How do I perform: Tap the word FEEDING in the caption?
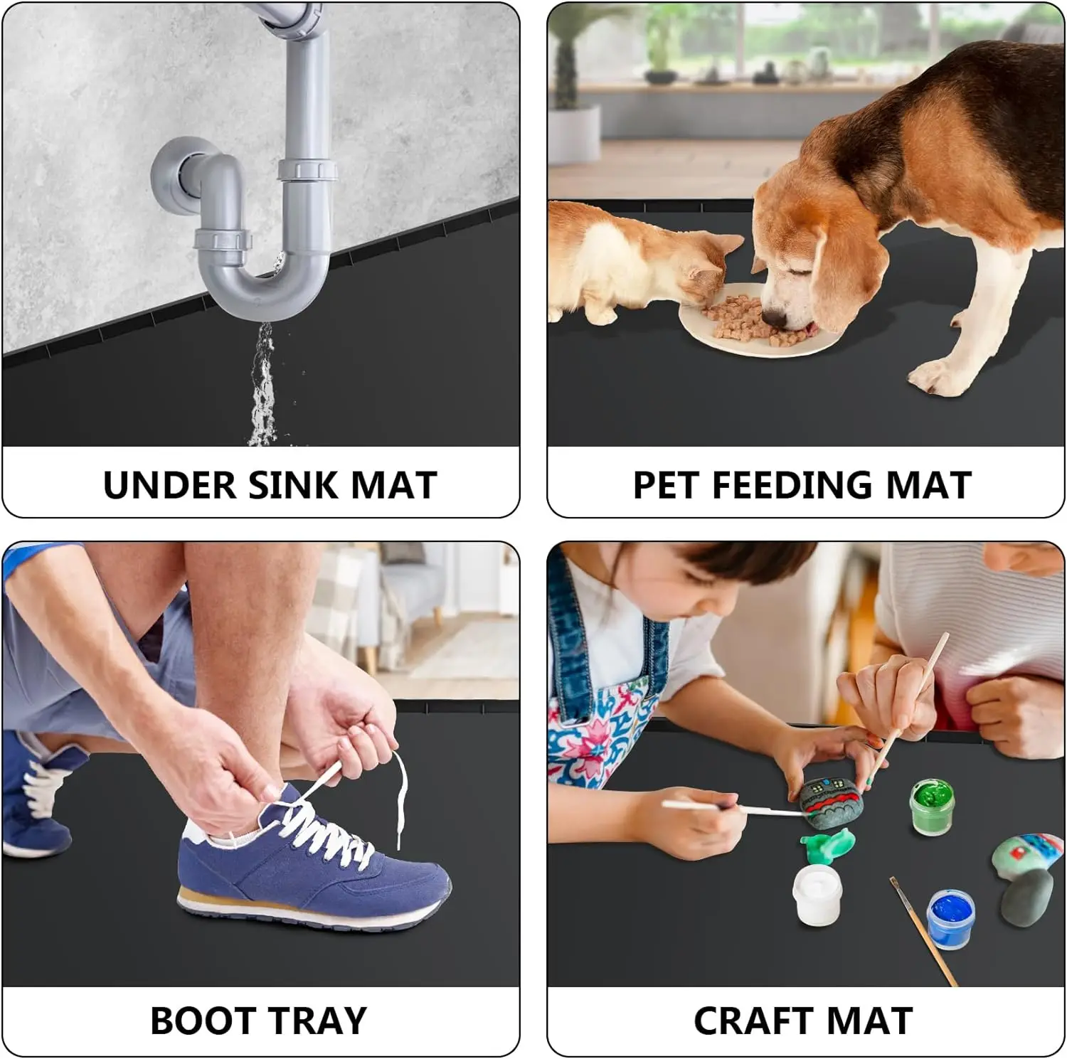coord(791,485)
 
